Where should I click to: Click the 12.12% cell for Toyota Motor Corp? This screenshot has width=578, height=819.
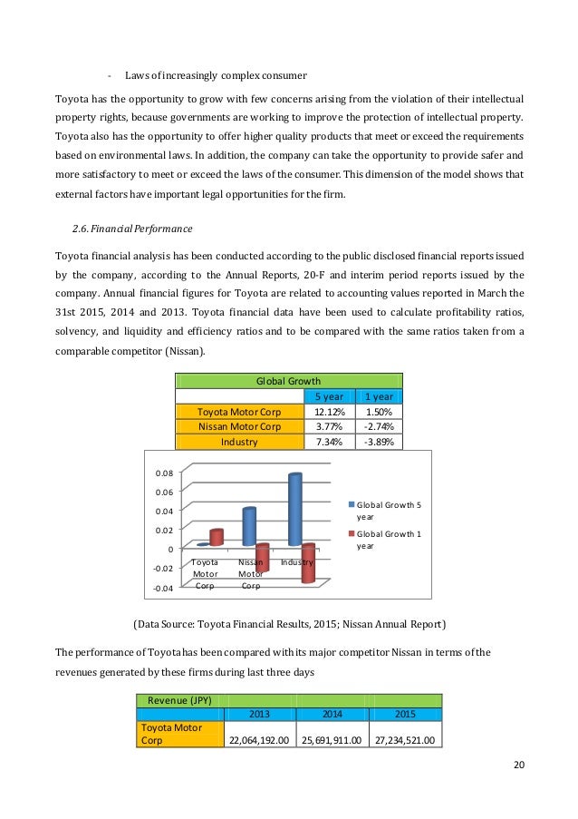tap(328, 411)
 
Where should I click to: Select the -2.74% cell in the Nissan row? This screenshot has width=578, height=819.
tap(380, 426)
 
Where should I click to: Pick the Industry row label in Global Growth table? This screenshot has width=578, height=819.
tap(239, 442)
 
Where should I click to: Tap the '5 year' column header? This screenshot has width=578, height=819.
tap(328, 396)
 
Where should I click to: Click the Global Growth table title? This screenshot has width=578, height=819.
tap(289, 382)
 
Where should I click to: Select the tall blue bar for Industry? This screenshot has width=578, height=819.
tap(294, 509)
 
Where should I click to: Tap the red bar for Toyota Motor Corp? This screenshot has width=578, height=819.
tap(216, 537)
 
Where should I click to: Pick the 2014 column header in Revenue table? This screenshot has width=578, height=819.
tap(332, 714)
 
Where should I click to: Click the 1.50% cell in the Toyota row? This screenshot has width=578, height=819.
tap(380, 411)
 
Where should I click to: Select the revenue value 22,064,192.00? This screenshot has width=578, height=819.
tap(259, 740)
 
